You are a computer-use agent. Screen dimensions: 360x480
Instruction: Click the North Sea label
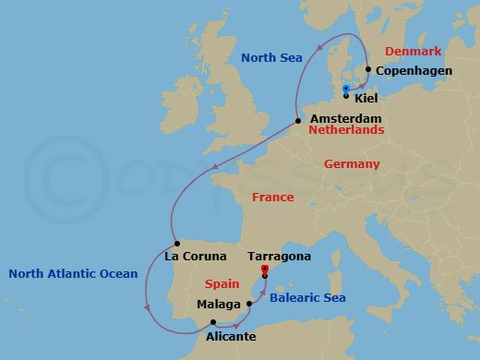pyautogui.click(x=271, y=57)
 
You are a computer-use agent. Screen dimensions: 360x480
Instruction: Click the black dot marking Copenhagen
pyautogui.click(x=367, y=69)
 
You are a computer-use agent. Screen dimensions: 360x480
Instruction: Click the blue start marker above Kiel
pyautogui.click(x=345, y=89)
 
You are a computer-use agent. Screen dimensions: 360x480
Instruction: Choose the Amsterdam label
pyautogui.click(x=345, y=119)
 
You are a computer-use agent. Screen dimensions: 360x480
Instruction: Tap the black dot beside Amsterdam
pyautogui.click(x=298, y=120)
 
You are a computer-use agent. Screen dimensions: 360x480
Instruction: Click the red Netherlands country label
pyautogui.click(x=346, y=131)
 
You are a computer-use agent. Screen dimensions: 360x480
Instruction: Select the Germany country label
pyautogui.click(x=352, y=163)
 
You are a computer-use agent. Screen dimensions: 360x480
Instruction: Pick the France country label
pyautogui.click(x=272, y=197)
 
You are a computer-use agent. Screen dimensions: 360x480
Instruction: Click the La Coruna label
pyautogui.click(x=196, y=256)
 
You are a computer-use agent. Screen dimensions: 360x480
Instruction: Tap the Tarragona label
pyautogui.click(x=280, y=256)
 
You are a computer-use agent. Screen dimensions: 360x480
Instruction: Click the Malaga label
pyautogui.click(x=220, y=304)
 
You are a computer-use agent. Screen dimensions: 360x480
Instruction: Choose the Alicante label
pyautogui.click(x=225, y=337)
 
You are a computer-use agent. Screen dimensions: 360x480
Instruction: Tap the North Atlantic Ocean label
pyautogui.click(x=73, y=273)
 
